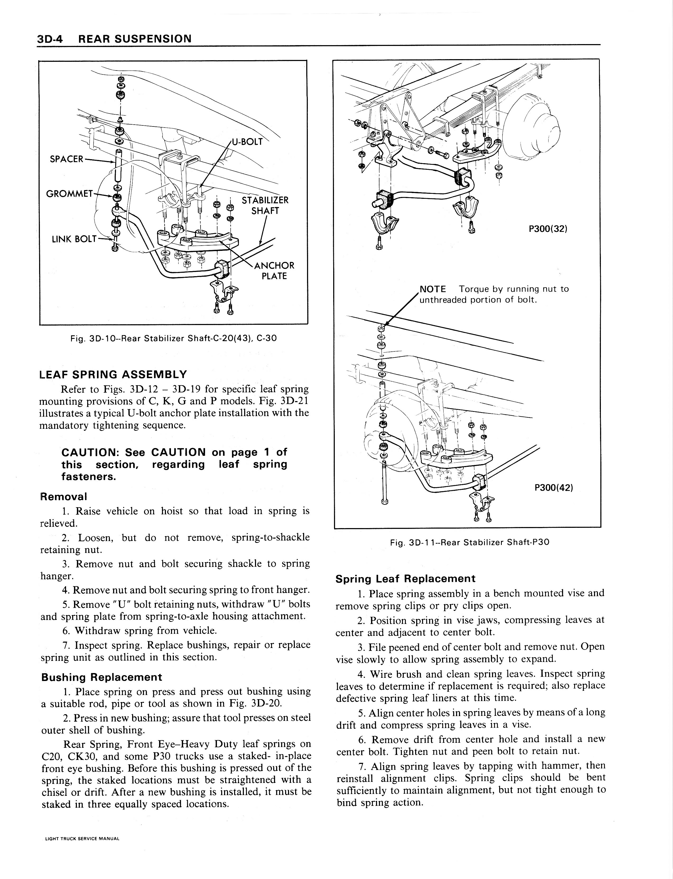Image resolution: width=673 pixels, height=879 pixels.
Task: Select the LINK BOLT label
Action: pyautogui.click(x=74, y=239)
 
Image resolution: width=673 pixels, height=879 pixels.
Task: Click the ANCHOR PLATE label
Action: pyautogui.click(x=275, y=271)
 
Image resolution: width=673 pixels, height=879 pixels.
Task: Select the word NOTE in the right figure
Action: pyautogui.click(x=433, y=289)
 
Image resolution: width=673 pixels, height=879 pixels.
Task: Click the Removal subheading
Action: pyautogui.click(x=63, y=496)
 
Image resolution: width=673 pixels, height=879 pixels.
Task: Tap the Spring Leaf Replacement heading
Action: pyautogui.click(x=405, y=579)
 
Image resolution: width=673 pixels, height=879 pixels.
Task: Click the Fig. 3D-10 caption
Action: pyautogui.click(x=173, y=338)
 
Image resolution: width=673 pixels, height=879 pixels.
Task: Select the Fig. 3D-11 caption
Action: pyautogui.click(x=470, y=542)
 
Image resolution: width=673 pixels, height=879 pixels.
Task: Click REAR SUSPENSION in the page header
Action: pyautogui.click(x=134, y=39)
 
